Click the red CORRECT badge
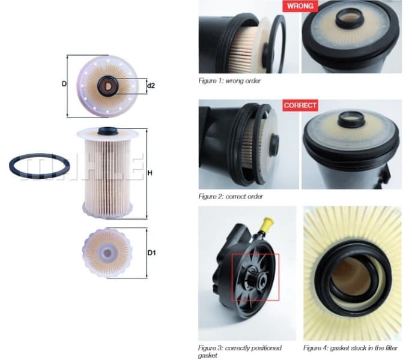300,105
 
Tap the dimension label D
64,84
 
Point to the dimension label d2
151,86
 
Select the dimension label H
150,174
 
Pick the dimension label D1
152,253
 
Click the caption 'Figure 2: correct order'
231,196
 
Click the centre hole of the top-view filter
108,86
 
